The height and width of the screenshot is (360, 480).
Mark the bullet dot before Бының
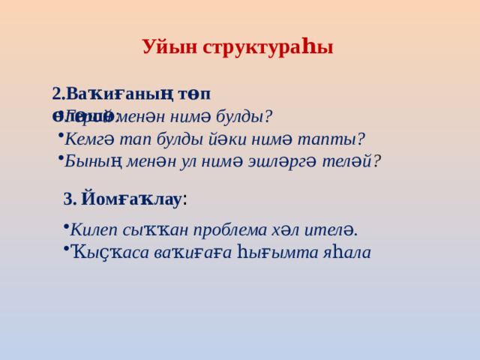pyautogui.click(x=59, y=157)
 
